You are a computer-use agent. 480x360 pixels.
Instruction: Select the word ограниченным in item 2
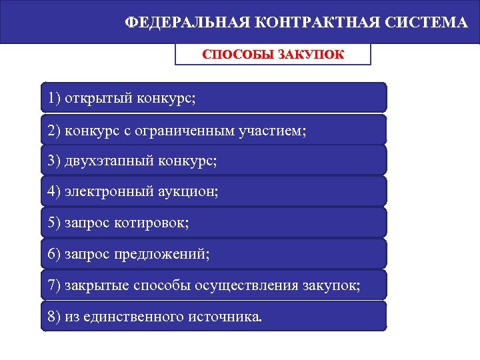(x=194, y=130)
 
